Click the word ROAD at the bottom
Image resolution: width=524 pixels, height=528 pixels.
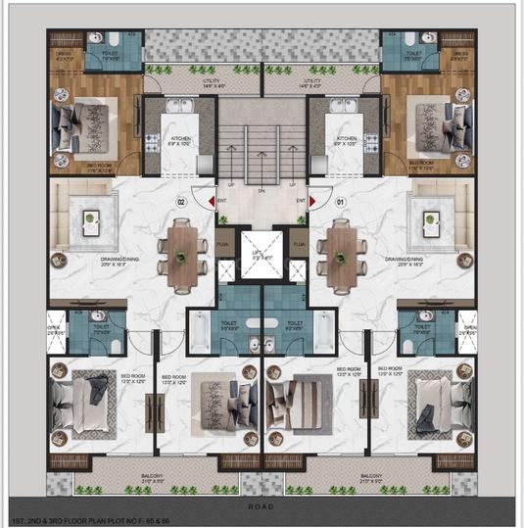(x=262, y=506)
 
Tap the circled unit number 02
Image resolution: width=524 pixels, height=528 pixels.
(x=181, y=203)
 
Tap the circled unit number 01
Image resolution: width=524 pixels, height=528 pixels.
(x=342, y=203)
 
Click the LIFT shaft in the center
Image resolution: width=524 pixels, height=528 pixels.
(x=262, y=253)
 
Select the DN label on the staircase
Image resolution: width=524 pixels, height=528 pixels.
(x=262, y=191)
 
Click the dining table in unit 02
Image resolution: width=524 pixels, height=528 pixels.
(x=183, y=256)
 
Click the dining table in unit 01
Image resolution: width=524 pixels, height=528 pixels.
(x=340, y=256)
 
